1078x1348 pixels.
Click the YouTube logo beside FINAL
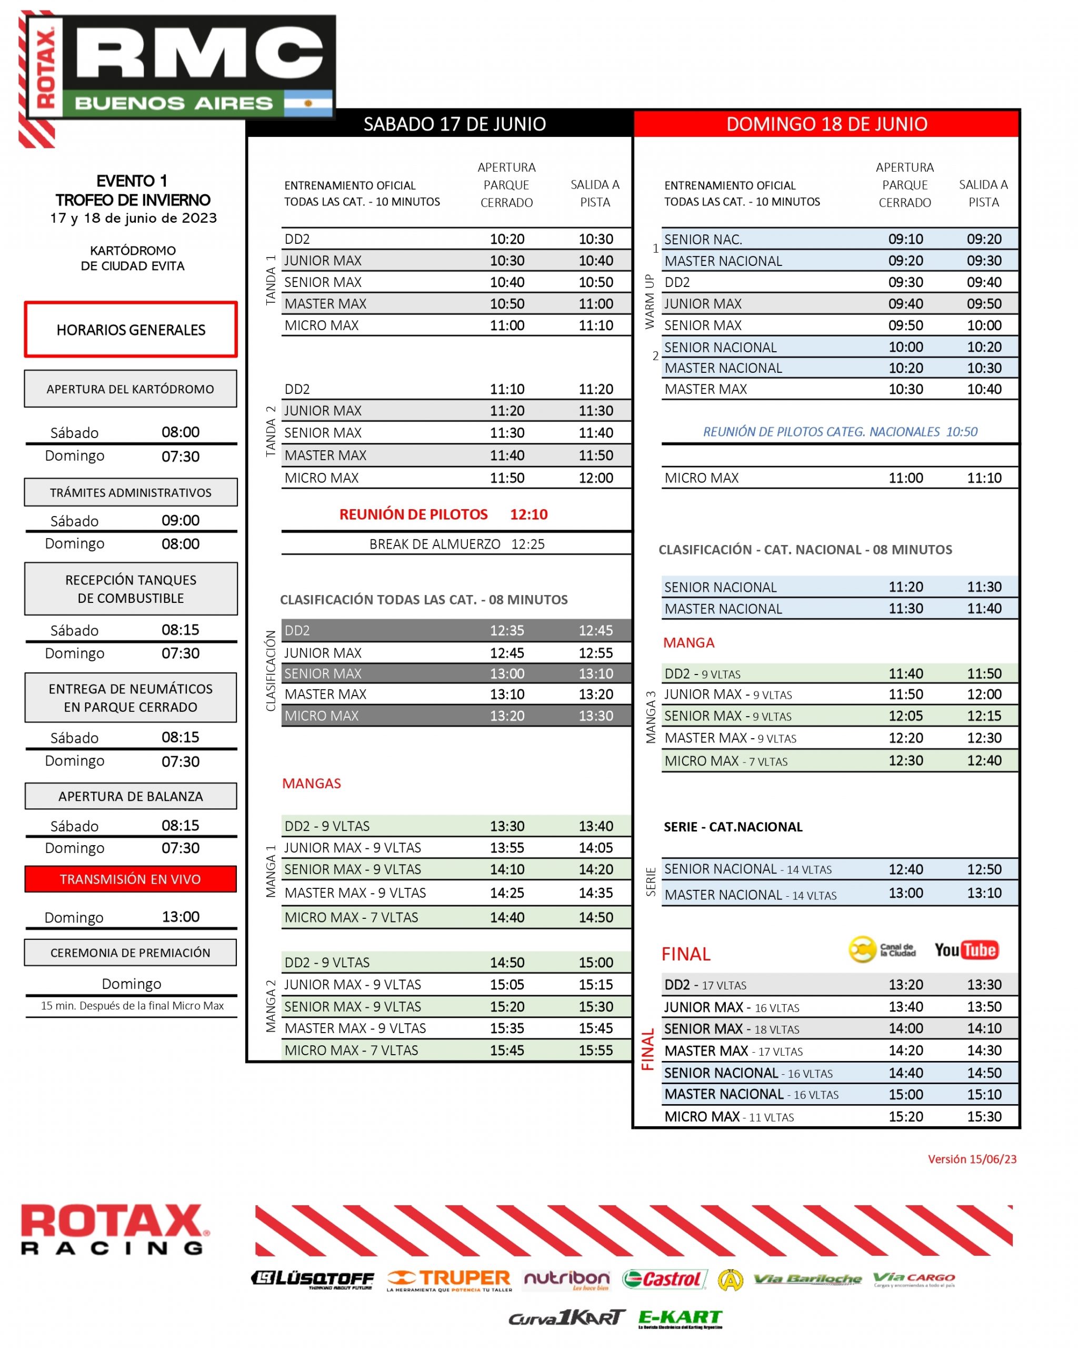click(965, 950)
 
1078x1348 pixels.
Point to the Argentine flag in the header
click(308, 103)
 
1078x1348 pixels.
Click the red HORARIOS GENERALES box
click(131, 330)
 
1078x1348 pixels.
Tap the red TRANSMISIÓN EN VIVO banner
click(131, 878)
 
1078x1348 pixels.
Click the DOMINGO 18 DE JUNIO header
click(826, 124)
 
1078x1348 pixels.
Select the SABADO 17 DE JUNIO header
click(454, 124)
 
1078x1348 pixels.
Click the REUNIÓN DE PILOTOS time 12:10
click(528, 514)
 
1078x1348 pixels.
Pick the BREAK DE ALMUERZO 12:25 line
click(457, 544)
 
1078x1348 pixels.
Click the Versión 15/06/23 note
click(972, 1158)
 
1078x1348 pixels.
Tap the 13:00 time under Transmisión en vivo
click(181, 917)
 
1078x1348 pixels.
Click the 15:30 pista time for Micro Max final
click(984, 1116)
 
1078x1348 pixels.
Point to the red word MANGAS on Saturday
click(311, 784)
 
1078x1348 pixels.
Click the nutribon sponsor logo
click(566, 1278)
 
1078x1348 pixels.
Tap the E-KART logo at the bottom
click(680, 1318)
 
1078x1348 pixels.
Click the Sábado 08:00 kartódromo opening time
click(181, 432)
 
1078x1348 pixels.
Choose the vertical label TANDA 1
click(271, 280)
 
